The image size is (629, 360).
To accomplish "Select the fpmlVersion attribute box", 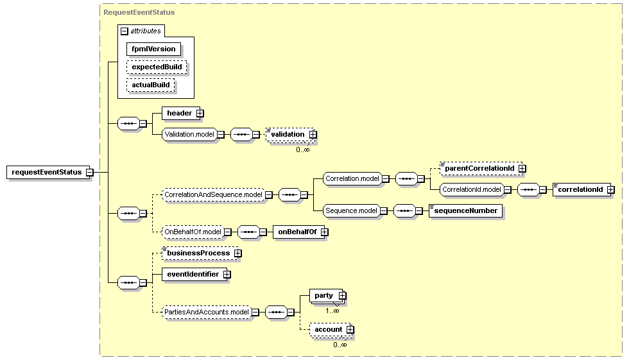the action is (153, 49).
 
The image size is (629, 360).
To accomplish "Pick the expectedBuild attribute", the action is (157, 67).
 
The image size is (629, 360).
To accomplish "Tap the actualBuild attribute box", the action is (151, 85).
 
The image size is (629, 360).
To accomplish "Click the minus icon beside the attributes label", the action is (125, 31).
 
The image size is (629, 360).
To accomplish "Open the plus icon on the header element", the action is (200, 114).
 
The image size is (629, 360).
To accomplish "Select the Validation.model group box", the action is (189, 134).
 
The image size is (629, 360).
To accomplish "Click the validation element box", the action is (290, 134).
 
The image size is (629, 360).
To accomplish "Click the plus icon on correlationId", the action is (610, 189).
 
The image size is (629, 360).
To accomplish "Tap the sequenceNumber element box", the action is (465, 211).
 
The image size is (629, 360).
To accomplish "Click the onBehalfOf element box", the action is (299, 232).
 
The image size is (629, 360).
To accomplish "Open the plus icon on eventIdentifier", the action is (227, 275).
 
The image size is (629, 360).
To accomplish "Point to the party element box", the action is (326, 295).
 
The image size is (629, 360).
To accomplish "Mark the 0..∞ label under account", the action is (340, 345).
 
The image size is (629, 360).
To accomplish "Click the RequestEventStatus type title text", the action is (139, 12).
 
